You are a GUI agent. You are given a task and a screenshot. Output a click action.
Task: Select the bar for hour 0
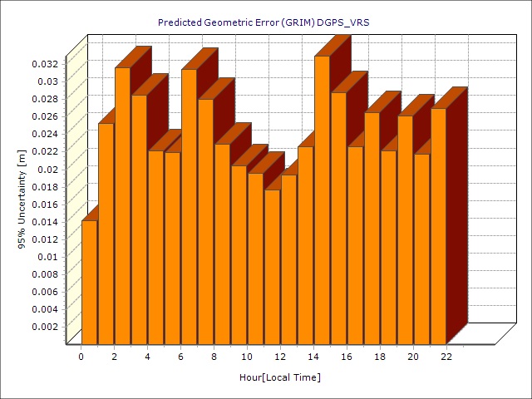click(x=89, y=283)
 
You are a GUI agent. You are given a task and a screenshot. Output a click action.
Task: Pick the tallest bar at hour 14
click(x=322, y=199)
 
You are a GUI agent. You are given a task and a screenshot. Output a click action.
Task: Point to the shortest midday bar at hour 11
click(x=272, y=266)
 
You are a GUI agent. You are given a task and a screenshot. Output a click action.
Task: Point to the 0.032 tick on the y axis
click(x=45, y=63)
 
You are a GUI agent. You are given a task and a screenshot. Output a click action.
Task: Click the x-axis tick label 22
click(x=446, y=357)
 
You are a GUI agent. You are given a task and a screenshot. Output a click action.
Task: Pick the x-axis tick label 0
click(x=81, y=357)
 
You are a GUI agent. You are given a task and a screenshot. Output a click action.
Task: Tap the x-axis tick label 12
click(x=280, y=357)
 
